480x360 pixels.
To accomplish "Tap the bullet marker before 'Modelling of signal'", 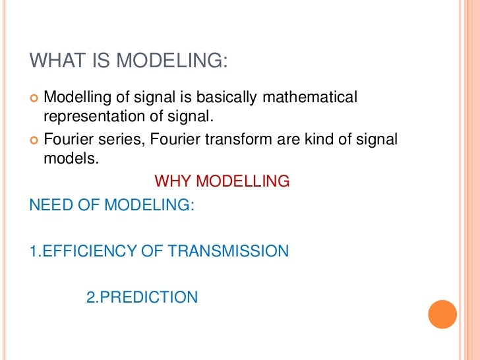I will tap(34, 98).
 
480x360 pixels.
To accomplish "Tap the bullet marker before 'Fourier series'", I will tap(34, 140).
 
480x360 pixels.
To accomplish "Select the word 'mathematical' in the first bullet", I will tap(310, 98).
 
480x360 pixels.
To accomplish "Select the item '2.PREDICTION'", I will tap(142, 297).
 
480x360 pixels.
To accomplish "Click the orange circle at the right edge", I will tap(442, 314).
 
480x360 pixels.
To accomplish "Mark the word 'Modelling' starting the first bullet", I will tap(72, 98).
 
